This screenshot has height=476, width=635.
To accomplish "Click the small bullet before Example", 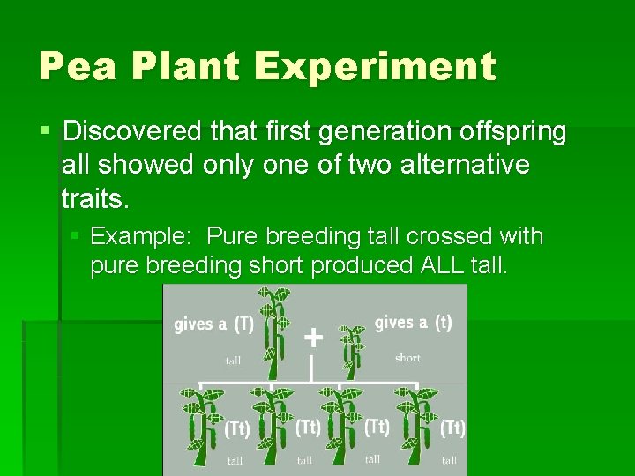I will pos(76,236).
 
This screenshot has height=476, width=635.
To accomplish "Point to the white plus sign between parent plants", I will pos(312,338).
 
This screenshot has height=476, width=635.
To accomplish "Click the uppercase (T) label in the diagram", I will pos(243,324).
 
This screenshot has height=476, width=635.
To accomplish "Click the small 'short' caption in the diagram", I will pos(407,358).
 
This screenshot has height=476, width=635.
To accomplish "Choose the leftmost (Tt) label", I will pos(236,428).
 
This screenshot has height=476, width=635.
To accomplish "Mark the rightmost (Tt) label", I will pos(452,428).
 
